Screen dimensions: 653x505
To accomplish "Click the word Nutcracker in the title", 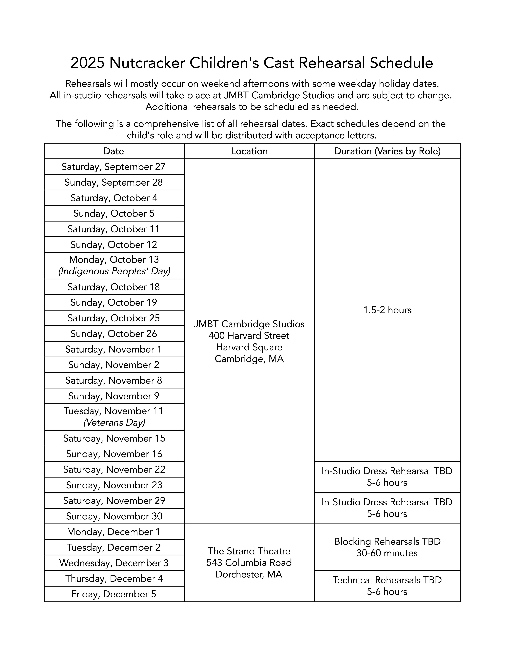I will tap(147, 63).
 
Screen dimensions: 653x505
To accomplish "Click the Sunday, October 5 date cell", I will tap(114, 213).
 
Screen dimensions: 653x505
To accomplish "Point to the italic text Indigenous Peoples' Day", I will tap(114, 271).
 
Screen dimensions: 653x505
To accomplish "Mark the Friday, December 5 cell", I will tap(114, 594).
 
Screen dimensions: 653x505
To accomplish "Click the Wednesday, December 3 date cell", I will tap(114, 563).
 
